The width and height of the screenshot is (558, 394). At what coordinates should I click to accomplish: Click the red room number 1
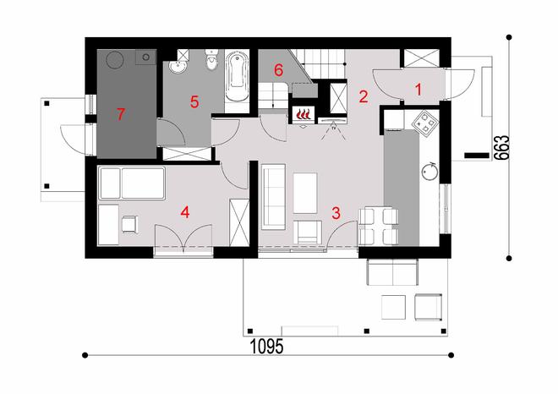(x=416, y=86)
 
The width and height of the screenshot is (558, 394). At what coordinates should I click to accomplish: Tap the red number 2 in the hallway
(x=363, y=96)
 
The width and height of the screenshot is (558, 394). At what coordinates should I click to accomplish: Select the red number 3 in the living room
(x=336, y=212)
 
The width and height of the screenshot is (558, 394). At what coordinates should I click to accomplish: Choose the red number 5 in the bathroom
(x=194, y=101)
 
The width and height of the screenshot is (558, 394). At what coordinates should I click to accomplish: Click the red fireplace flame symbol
(x=303, y=112)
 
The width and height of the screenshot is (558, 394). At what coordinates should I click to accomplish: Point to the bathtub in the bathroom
(x=236, y=79)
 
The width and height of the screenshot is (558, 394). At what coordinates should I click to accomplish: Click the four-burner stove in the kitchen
(x=423, y=122)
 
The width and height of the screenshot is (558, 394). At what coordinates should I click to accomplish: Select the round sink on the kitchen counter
(x=429, y=171)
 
